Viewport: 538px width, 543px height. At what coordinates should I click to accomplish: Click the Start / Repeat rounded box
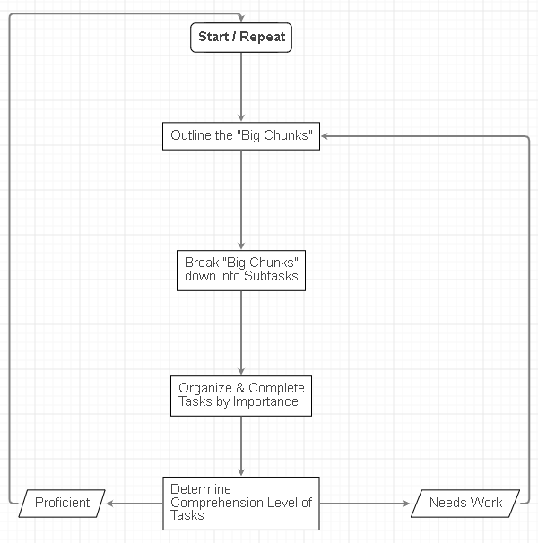pyautogui.click(x=241, y=38)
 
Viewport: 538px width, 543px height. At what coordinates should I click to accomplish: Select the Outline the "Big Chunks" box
pyautogui.click(x=241, y=136)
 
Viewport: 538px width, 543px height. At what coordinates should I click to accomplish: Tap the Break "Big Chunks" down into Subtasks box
pyautogui.click(x=240, y=271)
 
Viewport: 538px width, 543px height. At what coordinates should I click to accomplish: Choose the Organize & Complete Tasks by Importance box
pyautogui.click(x=241, y=395)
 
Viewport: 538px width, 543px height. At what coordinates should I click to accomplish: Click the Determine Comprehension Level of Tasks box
pyautogui.click(x=241, y=503)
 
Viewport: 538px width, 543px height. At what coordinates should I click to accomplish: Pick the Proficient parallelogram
pyautogui.click(x=62, y=503)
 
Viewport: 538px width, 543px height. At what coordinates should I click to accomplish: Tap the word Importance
pyautogui.click(x=265, y=402)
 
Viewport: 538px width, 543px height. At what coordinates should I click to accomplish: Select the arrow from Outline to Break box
pyautogui.click(x=241, y=199)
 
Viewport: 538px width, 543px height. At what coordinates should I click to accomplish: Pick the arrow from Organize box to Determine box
pyautogui.click(x=241, y=445)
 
